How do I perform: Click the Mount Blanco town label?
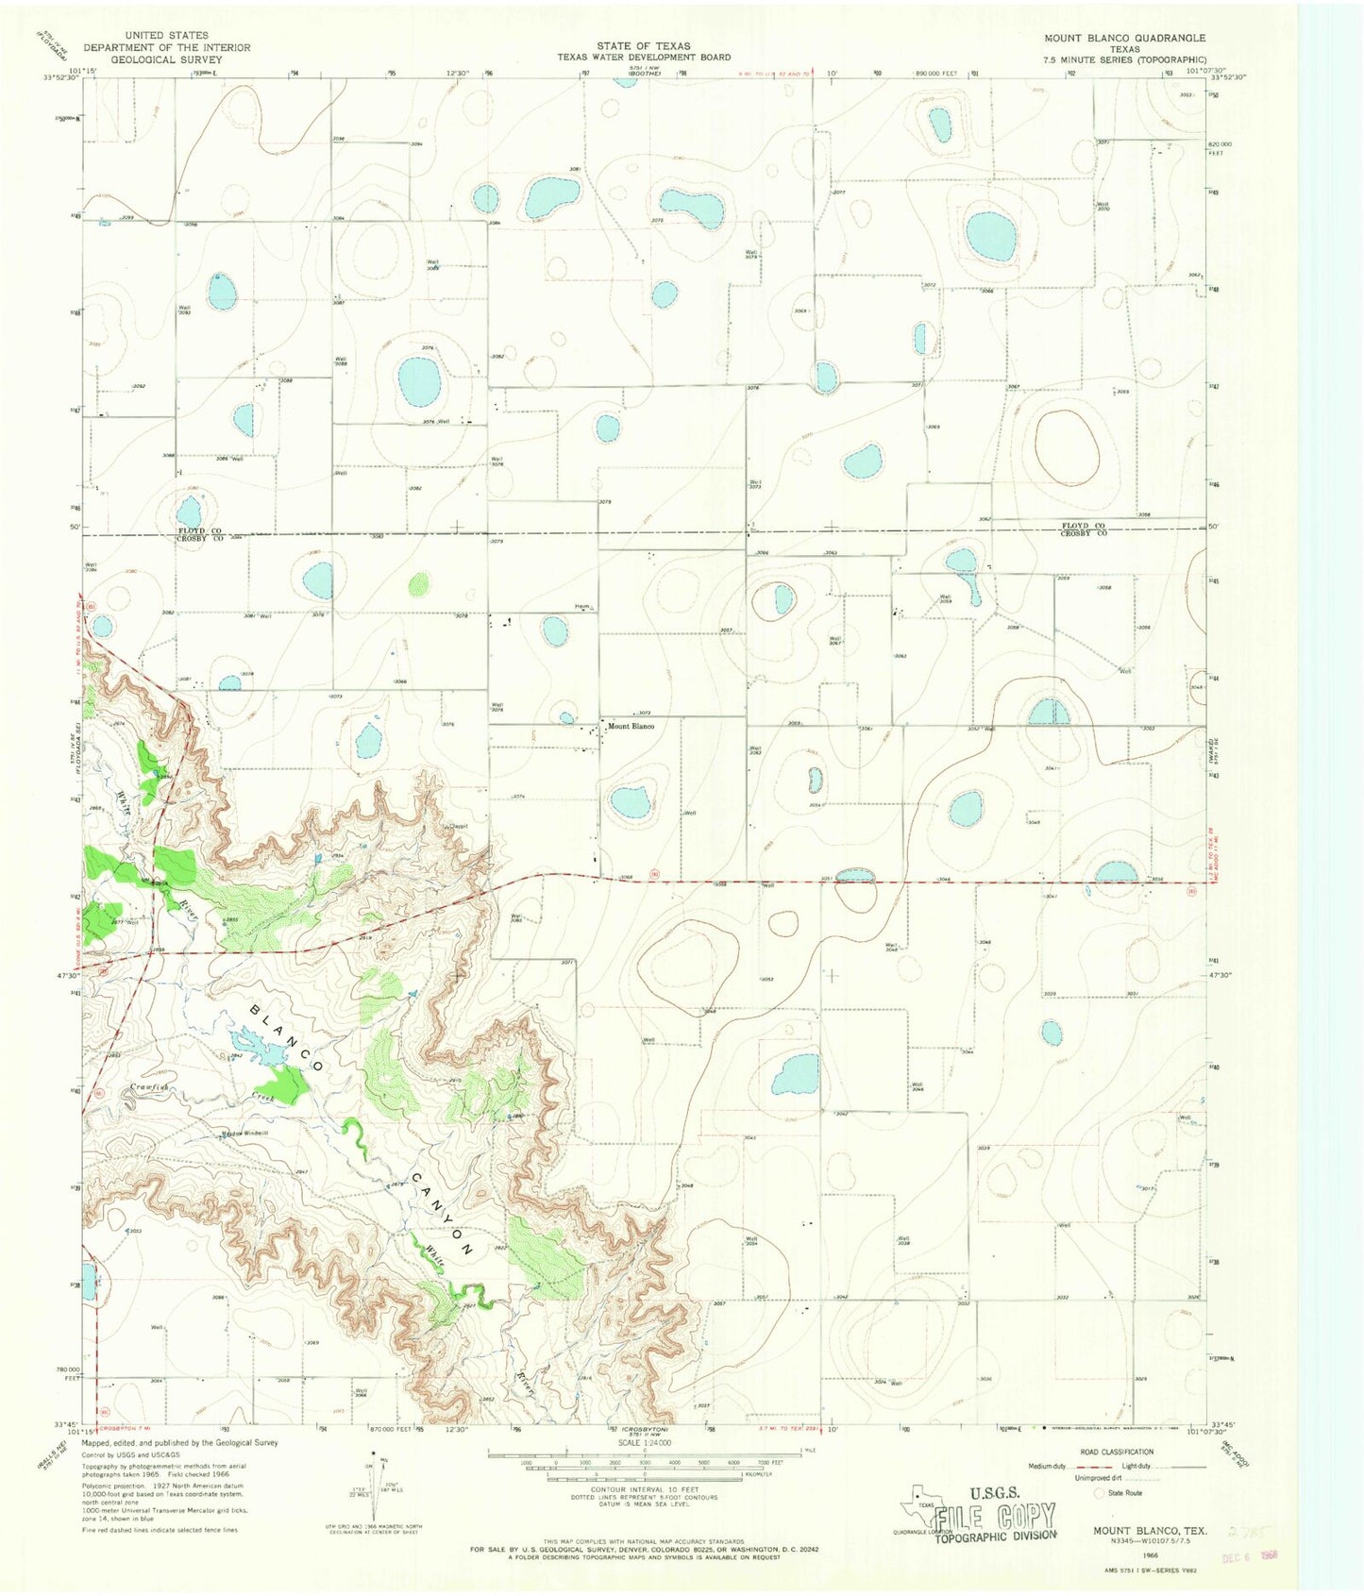[631, 726]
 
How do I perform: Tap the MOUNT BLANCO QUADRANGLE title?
[1124, 39]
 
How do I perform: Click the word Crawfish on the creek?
[149, 1088]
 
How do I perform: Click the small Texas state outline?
[916, 1498]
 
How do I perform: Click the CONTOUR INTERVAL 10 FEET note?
[644, 1487]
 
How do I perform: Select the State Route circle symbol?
[1100, 1493]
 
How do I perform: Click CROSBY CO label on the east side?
[1083, 533]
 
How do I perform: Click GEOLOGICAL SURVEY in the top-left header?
[166, 59]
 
